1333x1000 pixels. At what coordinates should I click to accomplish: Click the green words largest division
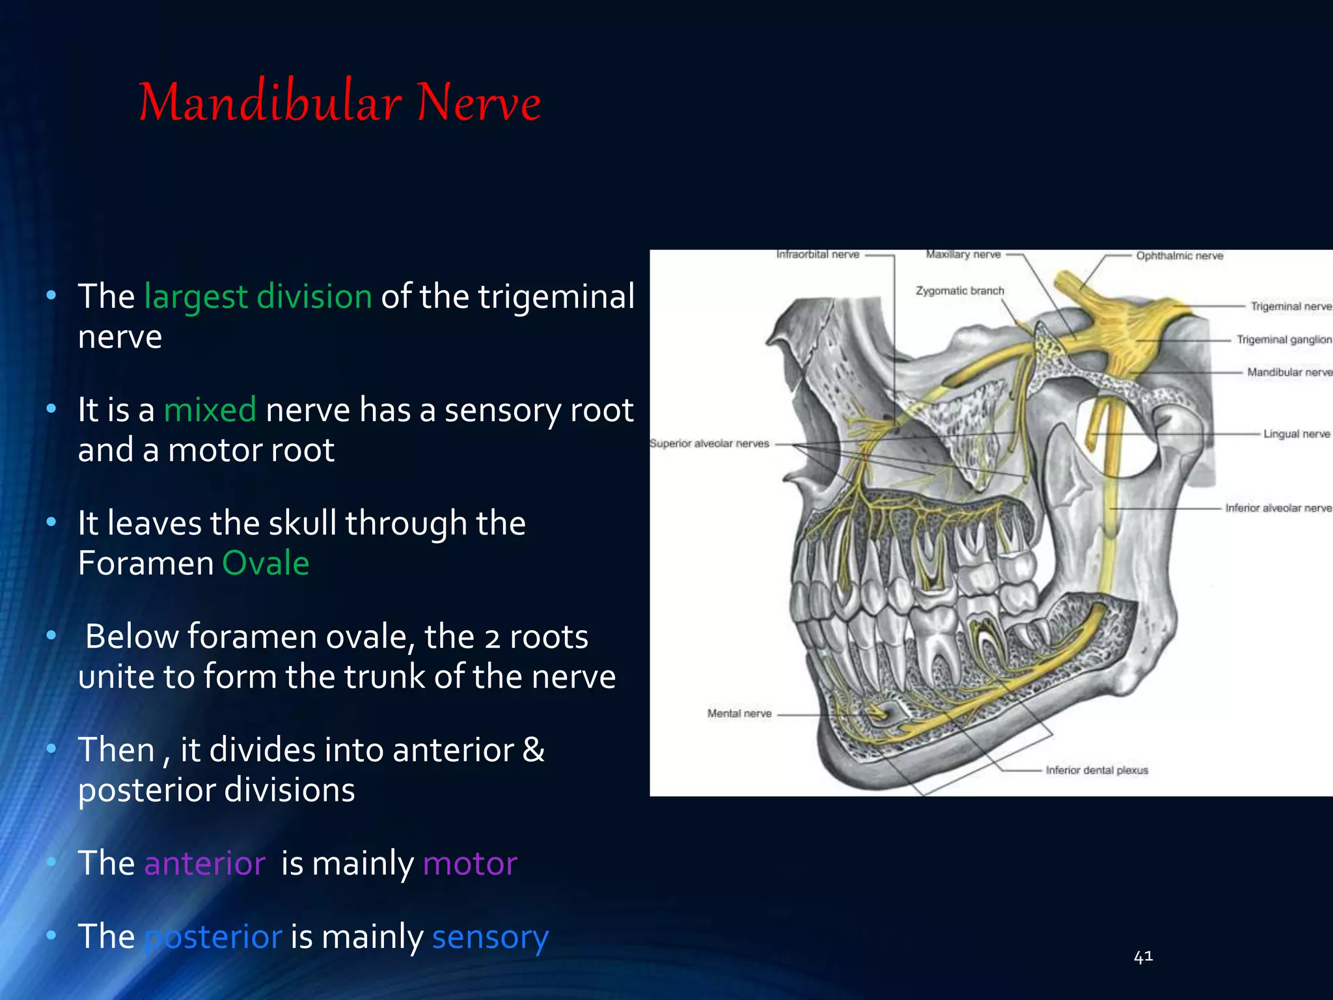[x=258, y=297]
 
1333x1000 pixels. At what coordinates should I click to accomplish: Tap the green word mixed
[x=210, y=410]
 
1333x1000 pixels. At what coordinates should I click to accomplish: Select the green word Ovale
[x=266, y=563]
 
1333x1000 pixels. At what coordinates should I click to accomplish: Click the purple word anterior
[x=204, y=864]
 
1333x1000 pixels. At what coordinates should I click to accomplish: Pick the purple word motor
[x=470, y=864]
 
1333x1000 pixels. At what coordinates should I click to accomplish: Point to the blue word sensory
[x=490, y=937]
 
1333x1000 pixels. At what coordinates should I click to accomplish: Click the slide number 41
[x=1143, y=956]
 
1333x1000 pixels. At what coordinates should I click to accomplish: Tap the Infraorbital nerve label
[x=818, y=255]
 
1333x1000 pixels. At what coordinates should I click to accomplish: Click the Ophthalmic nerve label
[x=1179, y=256]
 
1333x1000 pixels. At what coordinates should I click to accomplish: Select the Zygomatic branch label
[x=959, y=290]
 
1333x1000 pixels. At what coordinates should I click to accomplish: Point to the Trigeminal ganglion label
[x=1284, y=339]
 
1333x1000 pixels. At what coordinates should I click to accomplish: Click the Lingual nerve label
[x=1297, y=434]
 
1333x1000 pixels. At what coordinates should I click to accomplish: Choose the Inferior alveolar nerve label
[x=1278, y=508]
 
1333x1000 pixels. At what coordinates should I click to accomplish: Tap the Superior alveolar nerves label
[x=709, y=443]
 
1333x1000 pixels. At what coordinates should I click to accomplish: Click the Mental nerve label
[x=739, y=714]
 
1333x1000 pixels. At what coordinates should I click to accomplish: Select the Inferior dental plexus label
[x=1097, y=770]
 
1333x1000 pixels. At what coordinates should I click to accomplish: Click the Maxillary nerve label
[x=963, y=255]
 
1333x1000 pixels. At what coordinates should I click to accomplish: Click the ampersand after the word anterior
[x=534, y=750]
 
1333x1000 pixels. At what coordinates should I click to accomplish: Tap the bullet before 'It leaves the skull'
[x=51, y=522]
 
